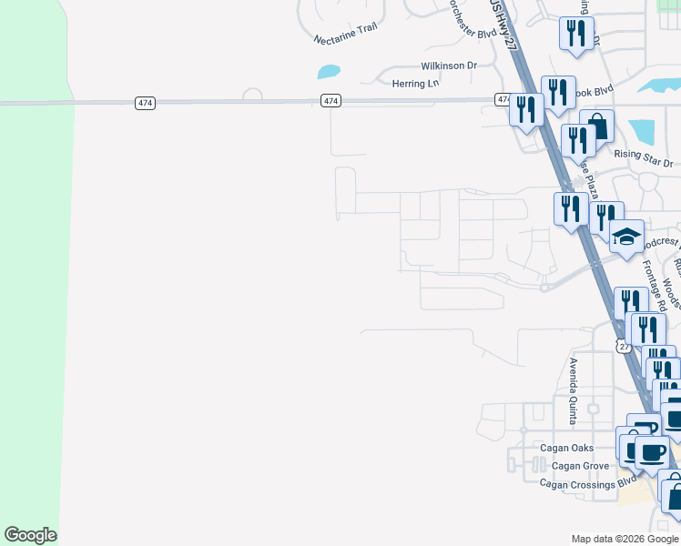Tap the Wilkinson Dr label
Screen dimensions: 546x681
pyautogui.click(x=449, y=66)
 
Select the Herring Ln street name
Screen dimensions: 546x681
pyautogui.click(x=415, y=83)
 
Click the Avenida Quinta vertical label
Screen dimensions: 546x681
pyautogui.click(x=574, y=391)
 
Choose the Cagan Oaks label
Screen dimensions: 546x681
pyautogui.click(x=567, y=448)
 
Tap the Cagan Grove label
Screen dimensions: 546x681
pyautogui.click(x=579, y=466)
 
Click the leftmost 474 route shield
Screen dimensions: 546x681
pyautogui.click(x=145, y=103)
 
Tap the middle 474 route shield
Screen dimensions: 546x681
pyautogui.click(x=331, y=100)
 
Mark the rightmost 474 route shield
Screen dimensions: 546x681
pyautogui.click(x=503, y=99)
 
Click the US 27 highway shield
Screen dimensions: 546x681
pyautogui.click(x=622, y=346)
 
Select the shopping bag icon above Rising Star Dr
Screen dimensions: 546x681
pyautogui.click(x=596, y=125)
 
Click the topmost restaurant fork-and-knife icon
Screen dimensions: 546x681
pyautogui.click(x=576, y=34)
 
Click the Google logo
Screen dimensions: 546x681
pyautogui.click(x=30, y=535)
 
